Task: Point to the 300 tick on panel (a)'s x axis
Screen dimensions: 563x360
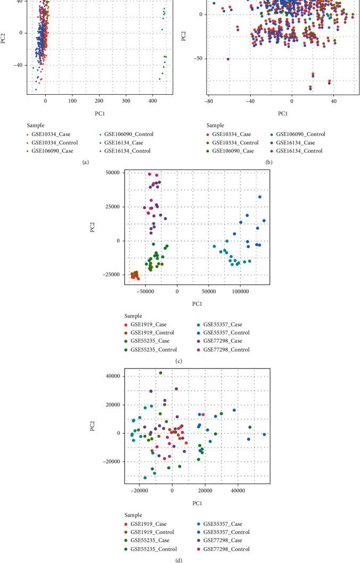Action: [179, 100]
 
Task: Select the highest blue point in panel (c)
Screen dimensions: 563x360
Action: [260, 197]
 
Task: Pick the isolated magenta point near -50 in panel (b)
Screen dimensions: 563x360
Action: [228, 59]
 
